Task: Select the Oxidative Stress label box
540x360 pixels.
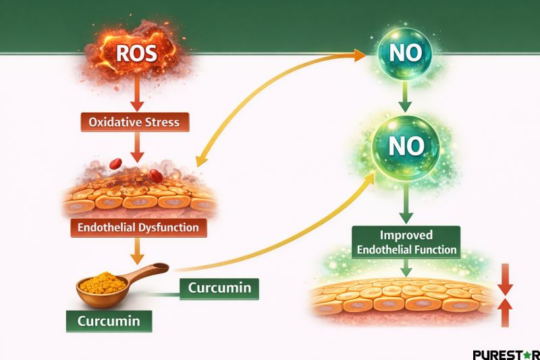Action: tap(135, 122)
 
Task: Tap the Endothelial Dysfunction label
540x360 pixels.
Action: tap(138, 228)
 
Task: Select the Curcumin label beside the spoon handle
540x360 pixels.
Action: tap(219, 288)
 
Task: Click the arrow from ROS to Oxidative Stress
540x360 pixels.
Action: tap(136, 96)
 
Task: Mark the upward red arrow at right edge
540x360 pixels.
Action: tap(505, 312)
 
